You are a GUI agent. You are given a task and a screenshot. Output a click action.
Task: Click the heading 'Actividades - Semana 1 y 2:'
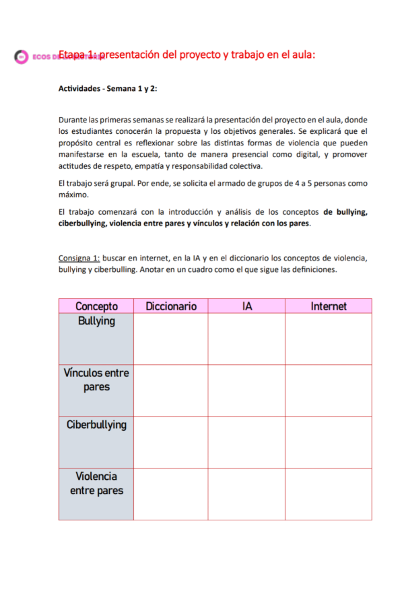(108, 88)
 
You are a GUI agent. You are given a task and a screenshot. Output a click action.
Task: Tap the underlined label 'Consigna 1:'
(79, 258)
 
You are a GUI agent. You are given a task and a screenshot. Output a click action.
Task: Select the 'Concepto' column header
(96, 306)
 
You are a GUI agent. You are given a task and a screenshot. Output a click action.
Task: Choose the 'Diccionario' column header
(171, 306)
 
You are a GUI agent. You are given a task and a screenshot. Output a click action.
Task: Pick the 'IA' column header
(246, 306)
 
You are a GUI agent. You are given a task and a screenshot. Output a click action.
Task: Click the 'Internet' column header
(329, 306)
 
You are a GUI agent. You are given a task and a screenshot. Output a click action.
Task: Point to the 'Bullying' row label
(96, 321)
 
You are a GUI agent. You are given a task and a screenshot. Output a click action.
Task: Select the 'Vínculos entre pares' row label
(96, 380)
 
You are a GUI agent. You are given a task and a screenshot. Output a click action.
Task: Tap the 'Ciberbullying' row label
(96, 425)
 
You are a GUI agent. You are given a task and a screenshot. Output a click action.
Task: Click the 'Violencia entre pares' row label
(96, 483)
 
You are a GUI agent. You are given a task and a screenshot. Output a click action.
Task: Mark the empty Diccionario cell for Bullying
(171, 339)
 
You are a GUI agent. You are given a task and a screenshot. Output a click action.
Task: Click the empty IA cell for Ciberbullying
(246, 442)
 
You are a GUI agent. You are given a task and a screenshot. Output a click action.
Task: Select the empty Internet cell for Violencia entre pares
(329, 494)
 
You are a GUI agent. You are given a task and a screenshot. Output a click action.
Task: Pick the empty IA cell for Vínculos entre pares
(246, 390)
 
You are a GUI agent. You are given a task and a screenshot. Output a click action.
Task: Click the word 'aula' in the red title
(302, 55)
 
